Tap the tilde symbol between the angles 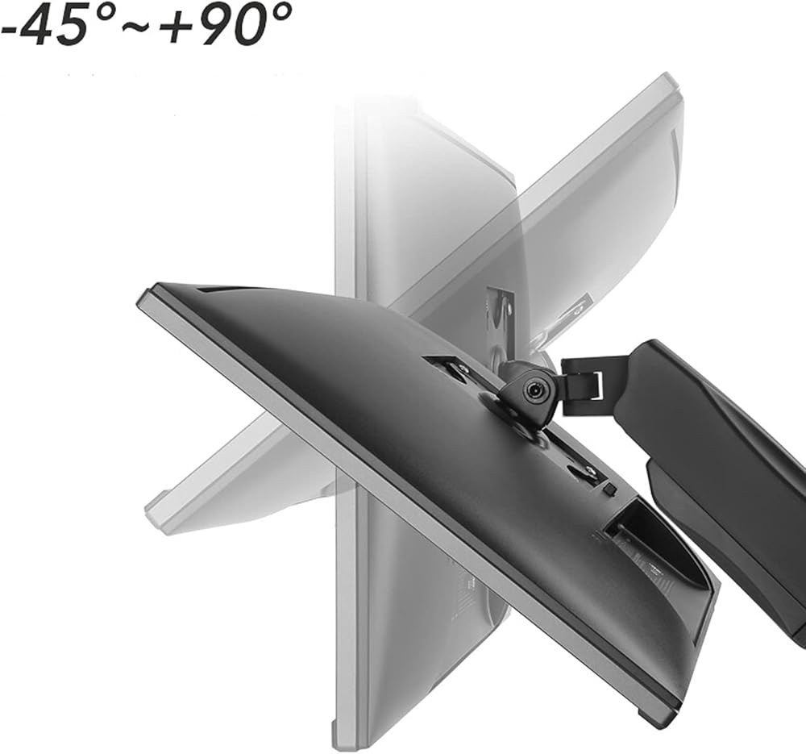pyautogui.click(x=136, y=27)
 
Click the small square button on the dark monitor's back pyautogui.click(x=610, y=489)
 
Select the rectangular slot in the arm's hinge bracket pyautogui.click(x=596, y=385)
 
